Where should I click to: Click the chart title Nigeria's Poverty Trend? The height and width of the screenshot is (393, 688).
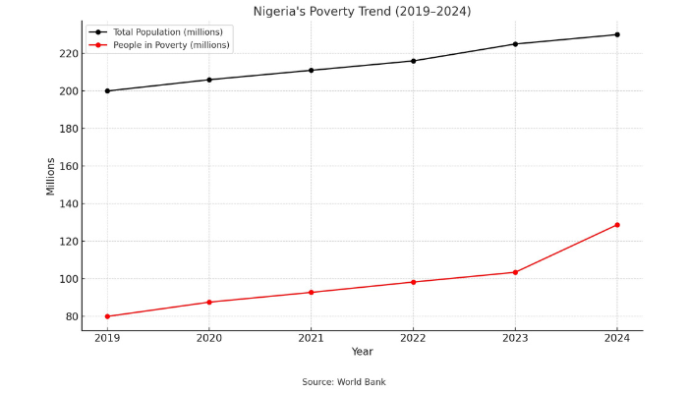pyautogui.click(x=362, y=12)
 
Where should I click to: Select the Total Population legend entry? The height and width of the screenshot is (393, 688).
pyautogui.click(x=167, y=31)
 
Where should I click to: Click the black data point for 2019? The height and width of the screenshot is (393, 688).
pyautogui.click(x=107, y=91)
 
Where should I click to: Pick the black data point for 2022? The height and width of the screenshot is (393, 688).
pyautogui.click(x=413, y=61)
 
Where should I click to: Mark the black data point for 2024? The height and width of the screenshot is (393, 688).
pyautogui.click(x=617, y=34)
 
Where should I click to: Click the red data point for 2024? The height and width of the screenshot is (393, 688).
pyautogui.click(x=617, y=225)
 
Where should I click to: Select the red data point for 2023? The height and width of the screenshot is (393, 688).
pyautogui.click(x=515, y=272)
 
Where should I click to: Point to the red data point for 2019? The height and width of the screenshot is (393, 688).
pyautogui.click(x=107, y=316)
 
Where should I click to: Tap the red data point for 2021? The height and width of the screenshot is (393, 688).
pyautogui.click(x=311, y=293)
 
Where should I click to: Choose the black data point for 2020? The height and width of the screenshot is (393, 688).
pyautogui.click(x=209, y=80)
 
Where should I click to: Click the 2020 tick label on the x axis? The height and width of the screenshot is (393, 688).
pyautogui.click(x=209, y=339)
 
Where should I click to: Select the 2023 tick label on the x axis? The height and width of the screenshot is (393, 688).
pyautogui.click(x=515, y=339)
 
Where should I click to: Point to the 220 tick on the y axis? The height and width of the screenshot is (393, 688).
pyautogui.click(x=67, y=54)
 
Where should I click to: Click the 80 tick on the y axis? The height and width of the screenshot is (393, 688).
pyautogui.click(x=70, y=316)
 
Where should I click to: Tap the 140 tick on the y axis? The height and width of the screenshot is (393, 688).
pyautogui.click(x=67, y=204)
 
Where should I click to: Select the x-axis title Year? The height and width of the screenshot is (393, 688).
pyautogui.click(x=362, y=352)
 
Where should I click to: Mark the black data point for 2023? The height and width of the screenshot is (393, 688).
pyautogui.click(x=515, y=44)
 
